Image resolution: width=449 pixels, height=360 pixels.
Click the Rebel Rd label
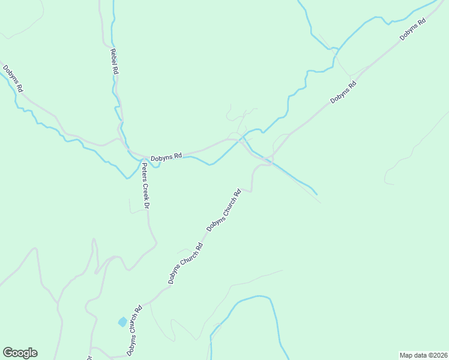pos(115,61)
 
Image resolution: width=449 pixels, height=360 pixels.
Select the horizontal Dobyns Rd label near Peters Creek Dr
pos(166,157)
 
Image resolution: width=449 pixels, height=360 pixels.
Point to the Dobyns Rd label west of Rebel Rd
pos(13,78)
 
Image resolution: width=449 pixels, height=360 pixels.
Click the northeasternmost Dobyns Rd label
pos(413,29)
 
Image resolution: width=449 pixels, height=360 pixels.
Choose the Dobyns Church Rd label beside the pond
pos(134,331)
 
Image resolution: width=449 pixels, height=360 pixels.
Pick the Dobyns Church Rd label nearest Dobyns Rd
pos(224,211)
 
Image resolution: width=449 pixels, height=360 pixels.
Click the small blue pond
pos(122,322)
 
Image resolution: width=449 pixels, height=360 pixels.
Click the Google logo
pos(20,353)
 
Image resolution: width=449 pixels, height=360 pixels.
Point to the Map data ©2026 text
pos(423,355)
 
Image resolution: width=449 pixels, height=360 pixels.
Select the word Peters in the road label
pos(144,172)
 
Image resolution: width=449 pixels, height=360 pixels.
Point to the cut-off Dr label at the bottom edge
pos(89,358)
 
